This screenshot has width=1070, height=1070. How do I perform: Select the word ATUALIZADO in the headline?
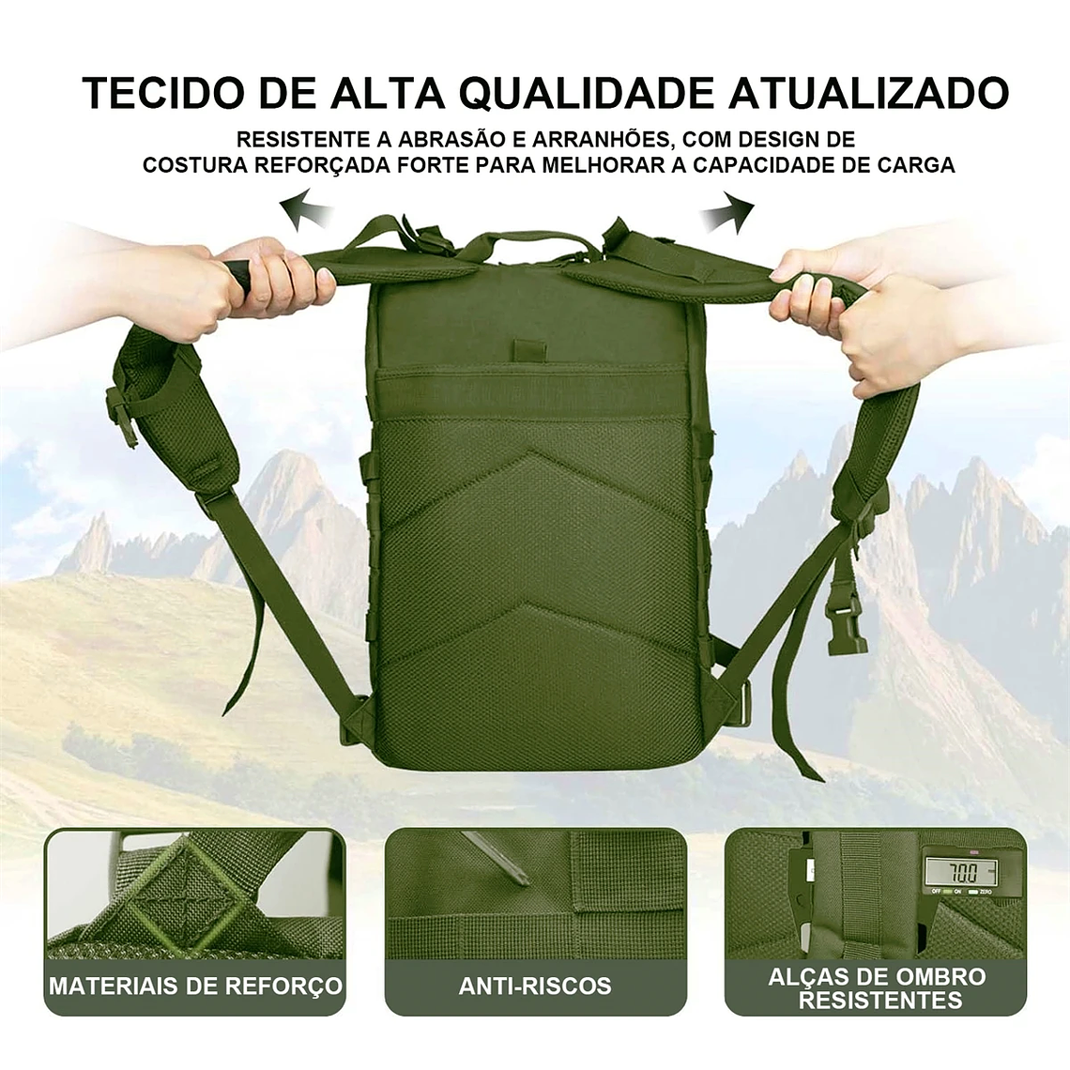[869, 93]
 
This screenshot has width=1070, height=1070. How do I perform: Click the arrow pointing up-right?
[728, 210]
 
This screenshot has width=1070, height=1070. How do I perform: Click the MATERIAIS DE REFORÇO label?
[195, 986]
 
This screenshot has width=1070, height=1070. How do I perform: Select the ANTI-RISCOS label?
[535, 986]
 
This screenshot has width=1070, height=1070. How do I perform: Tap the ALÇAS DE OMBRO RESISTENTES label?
[877, 987]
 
